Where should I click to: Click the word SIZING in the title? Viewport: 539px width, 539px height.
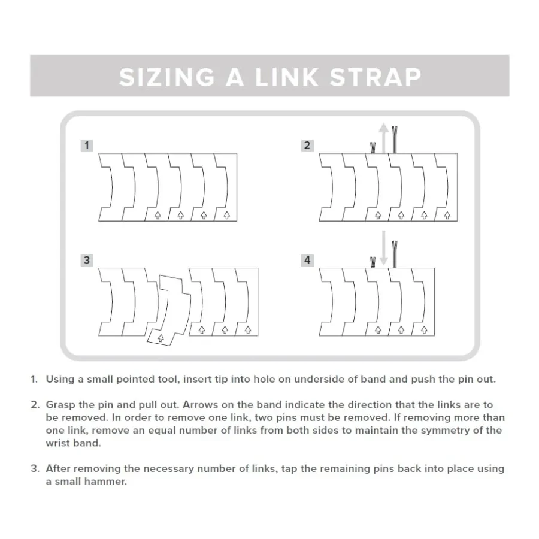pyautogui.click(x=167, y=77)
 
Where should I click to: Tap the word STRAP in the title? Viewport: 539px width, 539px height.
pyautogui.click(x=376, y=77)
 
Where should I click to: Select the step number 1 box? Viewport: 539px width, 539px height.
pyautogui.click(x=87, y=146)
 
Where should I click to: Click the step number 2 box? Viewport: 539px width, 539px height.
pyautogui.click(x=307, y=146)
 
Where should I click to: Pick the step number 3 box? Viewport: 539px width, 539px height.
pyautogui.click(x=87, y=260)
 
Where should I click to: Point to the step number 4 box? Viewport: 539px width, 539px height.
pyautogui.click(x=307, y=260)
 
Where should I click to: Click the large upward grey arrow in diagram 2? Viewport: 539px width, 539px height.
pyautogui.click(x=384, y=138)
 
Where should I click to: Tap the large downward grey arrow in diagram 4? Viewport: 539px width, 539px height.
pyautogui.click(x=384, y=248)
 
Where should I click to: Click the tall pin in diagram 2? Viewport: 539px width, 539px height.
pyautogui.click(x=395, y=140)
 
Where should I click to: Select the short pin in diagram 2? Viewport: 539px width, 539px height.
pyautogui.click(x=373, y=147)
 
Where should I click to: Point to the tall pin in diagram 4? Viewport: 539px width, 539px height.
pyautogui.click(x=395, y=255)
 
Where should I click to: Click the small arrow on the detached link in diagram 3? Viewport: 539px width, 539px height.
pyautogui.click(x=161, y=338)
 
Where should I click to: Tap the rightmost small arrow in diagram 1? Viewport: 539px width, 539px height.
pyautogui.click(x=227, y=215)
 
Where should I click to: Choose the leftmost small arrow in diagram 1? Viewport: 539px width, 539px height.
pyautogui.click(x=158, y=215)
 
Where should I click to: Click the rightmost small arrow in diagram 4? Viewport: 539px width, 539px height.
pyautogui.click(x=424, y=330)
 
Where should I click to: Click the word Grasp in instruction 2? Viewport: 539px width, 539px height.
pyautogui.click(x=60, y=405)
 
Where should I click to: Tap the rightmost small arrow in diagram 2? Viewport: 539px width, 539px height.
pyautogui.click(x=447, y=215)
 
